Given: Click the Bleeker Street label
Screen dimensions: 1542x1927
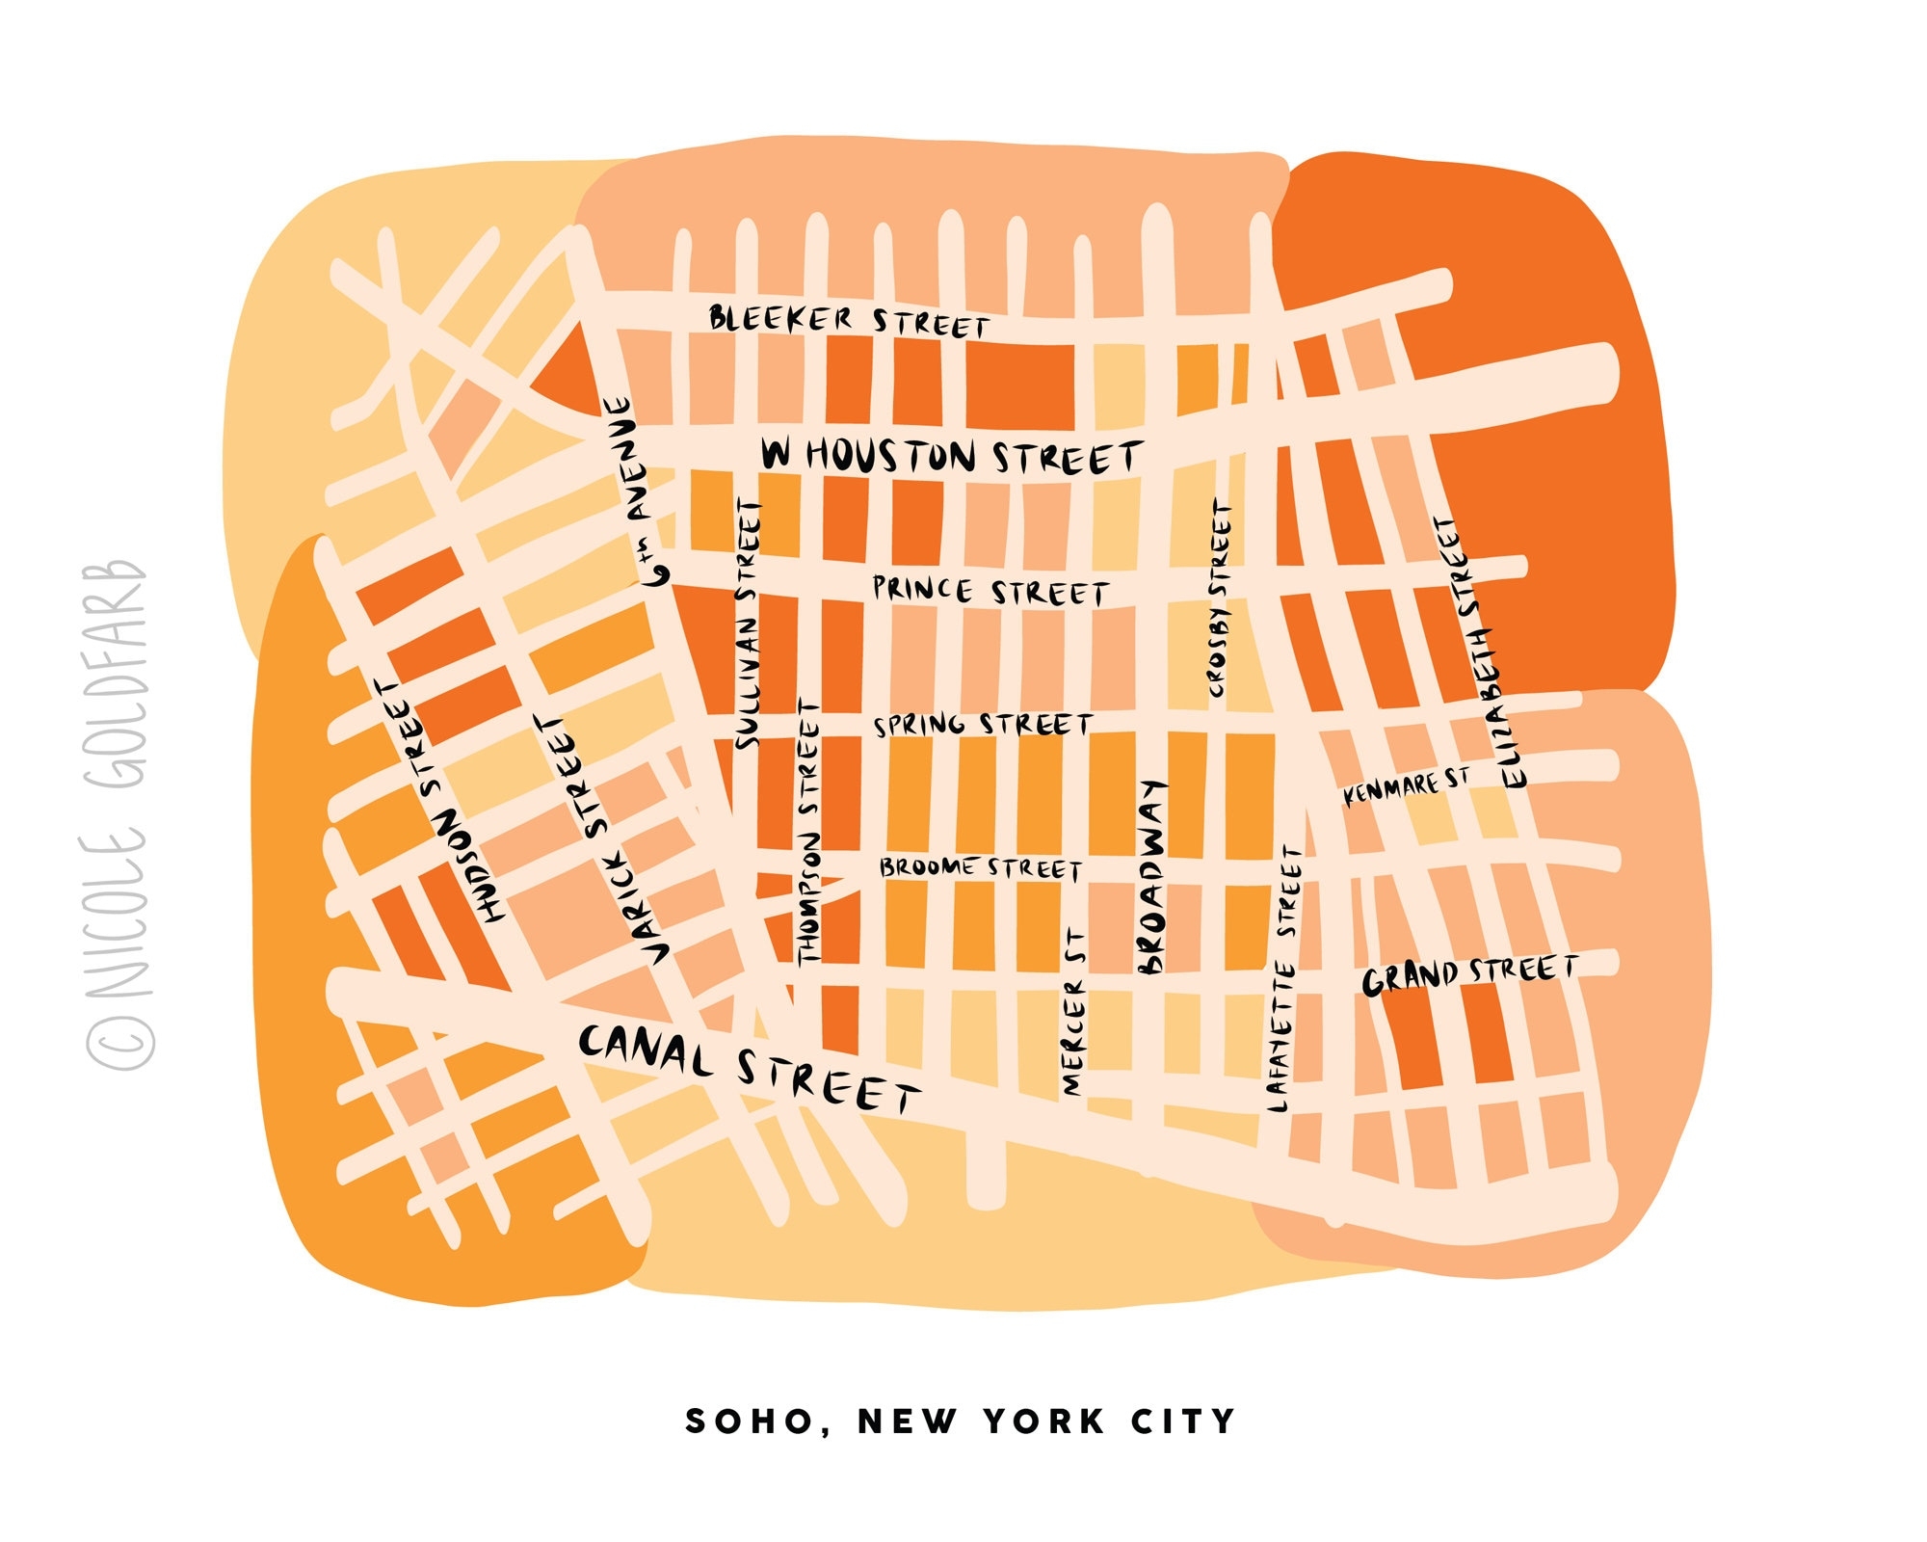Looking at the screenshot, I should (849, 321).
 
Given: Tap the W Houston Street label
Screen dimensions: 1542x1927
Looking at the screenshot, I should (951, 456).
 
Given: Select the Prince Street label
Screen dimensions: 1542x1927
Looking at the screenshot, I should (990, 591).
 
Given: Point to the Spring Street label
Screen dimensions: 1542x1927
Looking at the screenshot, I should (983, 725).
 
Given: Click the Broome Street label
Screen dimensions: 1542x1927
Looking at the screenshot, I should (980, 868).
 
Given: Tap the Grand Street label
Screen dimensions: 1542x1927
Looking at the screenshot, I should (1469, 974).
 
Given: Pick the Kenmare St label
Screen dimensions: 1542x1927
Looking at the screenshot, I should (1408, 786).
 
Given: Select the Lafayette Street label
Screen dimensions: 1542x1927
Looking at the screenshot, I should (1284, 979).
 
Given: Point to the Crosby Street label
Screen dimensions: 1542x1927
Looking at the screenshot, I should (1220, 598).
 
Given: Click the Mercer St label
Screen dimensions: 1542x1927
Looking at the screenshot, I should (1074, 1012).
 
